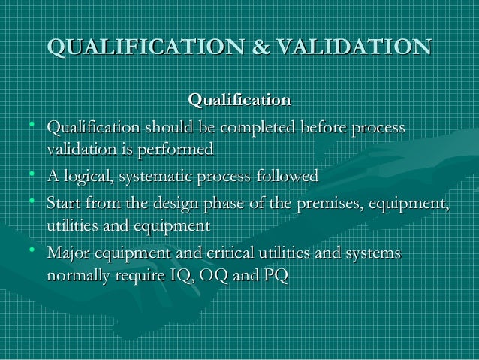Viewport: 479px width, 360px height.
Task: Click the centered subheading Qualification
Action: (239, 99)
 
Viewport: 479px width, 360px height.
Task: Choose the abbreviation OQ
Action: (210, 275)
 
